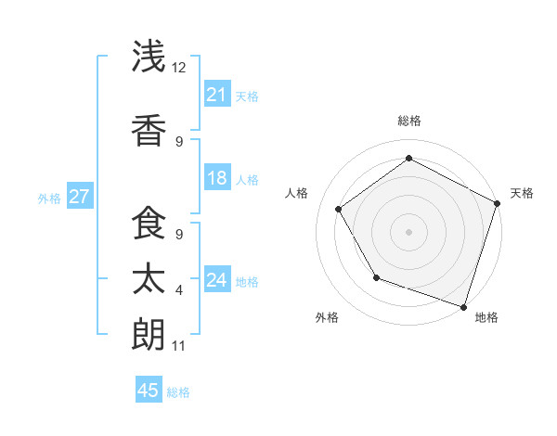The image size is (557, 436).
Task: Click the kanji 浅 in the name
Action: point(149,57)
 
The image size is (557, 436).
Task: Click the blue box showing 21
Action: point(217,95)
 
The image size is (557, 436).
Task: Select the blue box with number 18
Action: point(217,178)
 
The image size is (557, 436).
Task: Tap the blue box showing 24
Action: point(217,280)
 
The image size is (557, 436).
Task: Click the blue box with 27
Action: point(80,197)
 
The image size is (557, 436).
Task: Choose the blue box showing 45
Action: point(149,391)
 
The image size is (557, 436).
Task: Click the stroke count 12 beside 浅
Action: point(179,68)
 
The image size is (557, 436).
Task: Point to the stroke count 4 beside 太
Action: point(179,290)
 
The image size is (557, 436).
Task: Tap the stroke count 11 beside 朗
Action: point(179,346)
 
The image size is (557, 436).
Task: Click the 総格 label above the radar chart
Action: point(408,121)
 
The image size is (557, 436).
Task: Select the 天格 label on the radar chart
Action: point(522,193)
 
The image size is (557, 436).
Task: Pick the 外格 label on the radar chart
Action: point(327,317)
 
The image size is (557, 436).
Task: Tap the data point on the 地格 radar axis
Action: point(463,306)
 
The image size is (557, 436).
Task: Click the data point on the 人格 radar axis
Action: point(339,209)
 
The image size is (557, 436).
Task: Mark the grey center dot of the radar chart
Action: point(408,231)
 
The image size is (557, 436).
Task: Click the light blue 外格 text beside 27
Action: point(49,198)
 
